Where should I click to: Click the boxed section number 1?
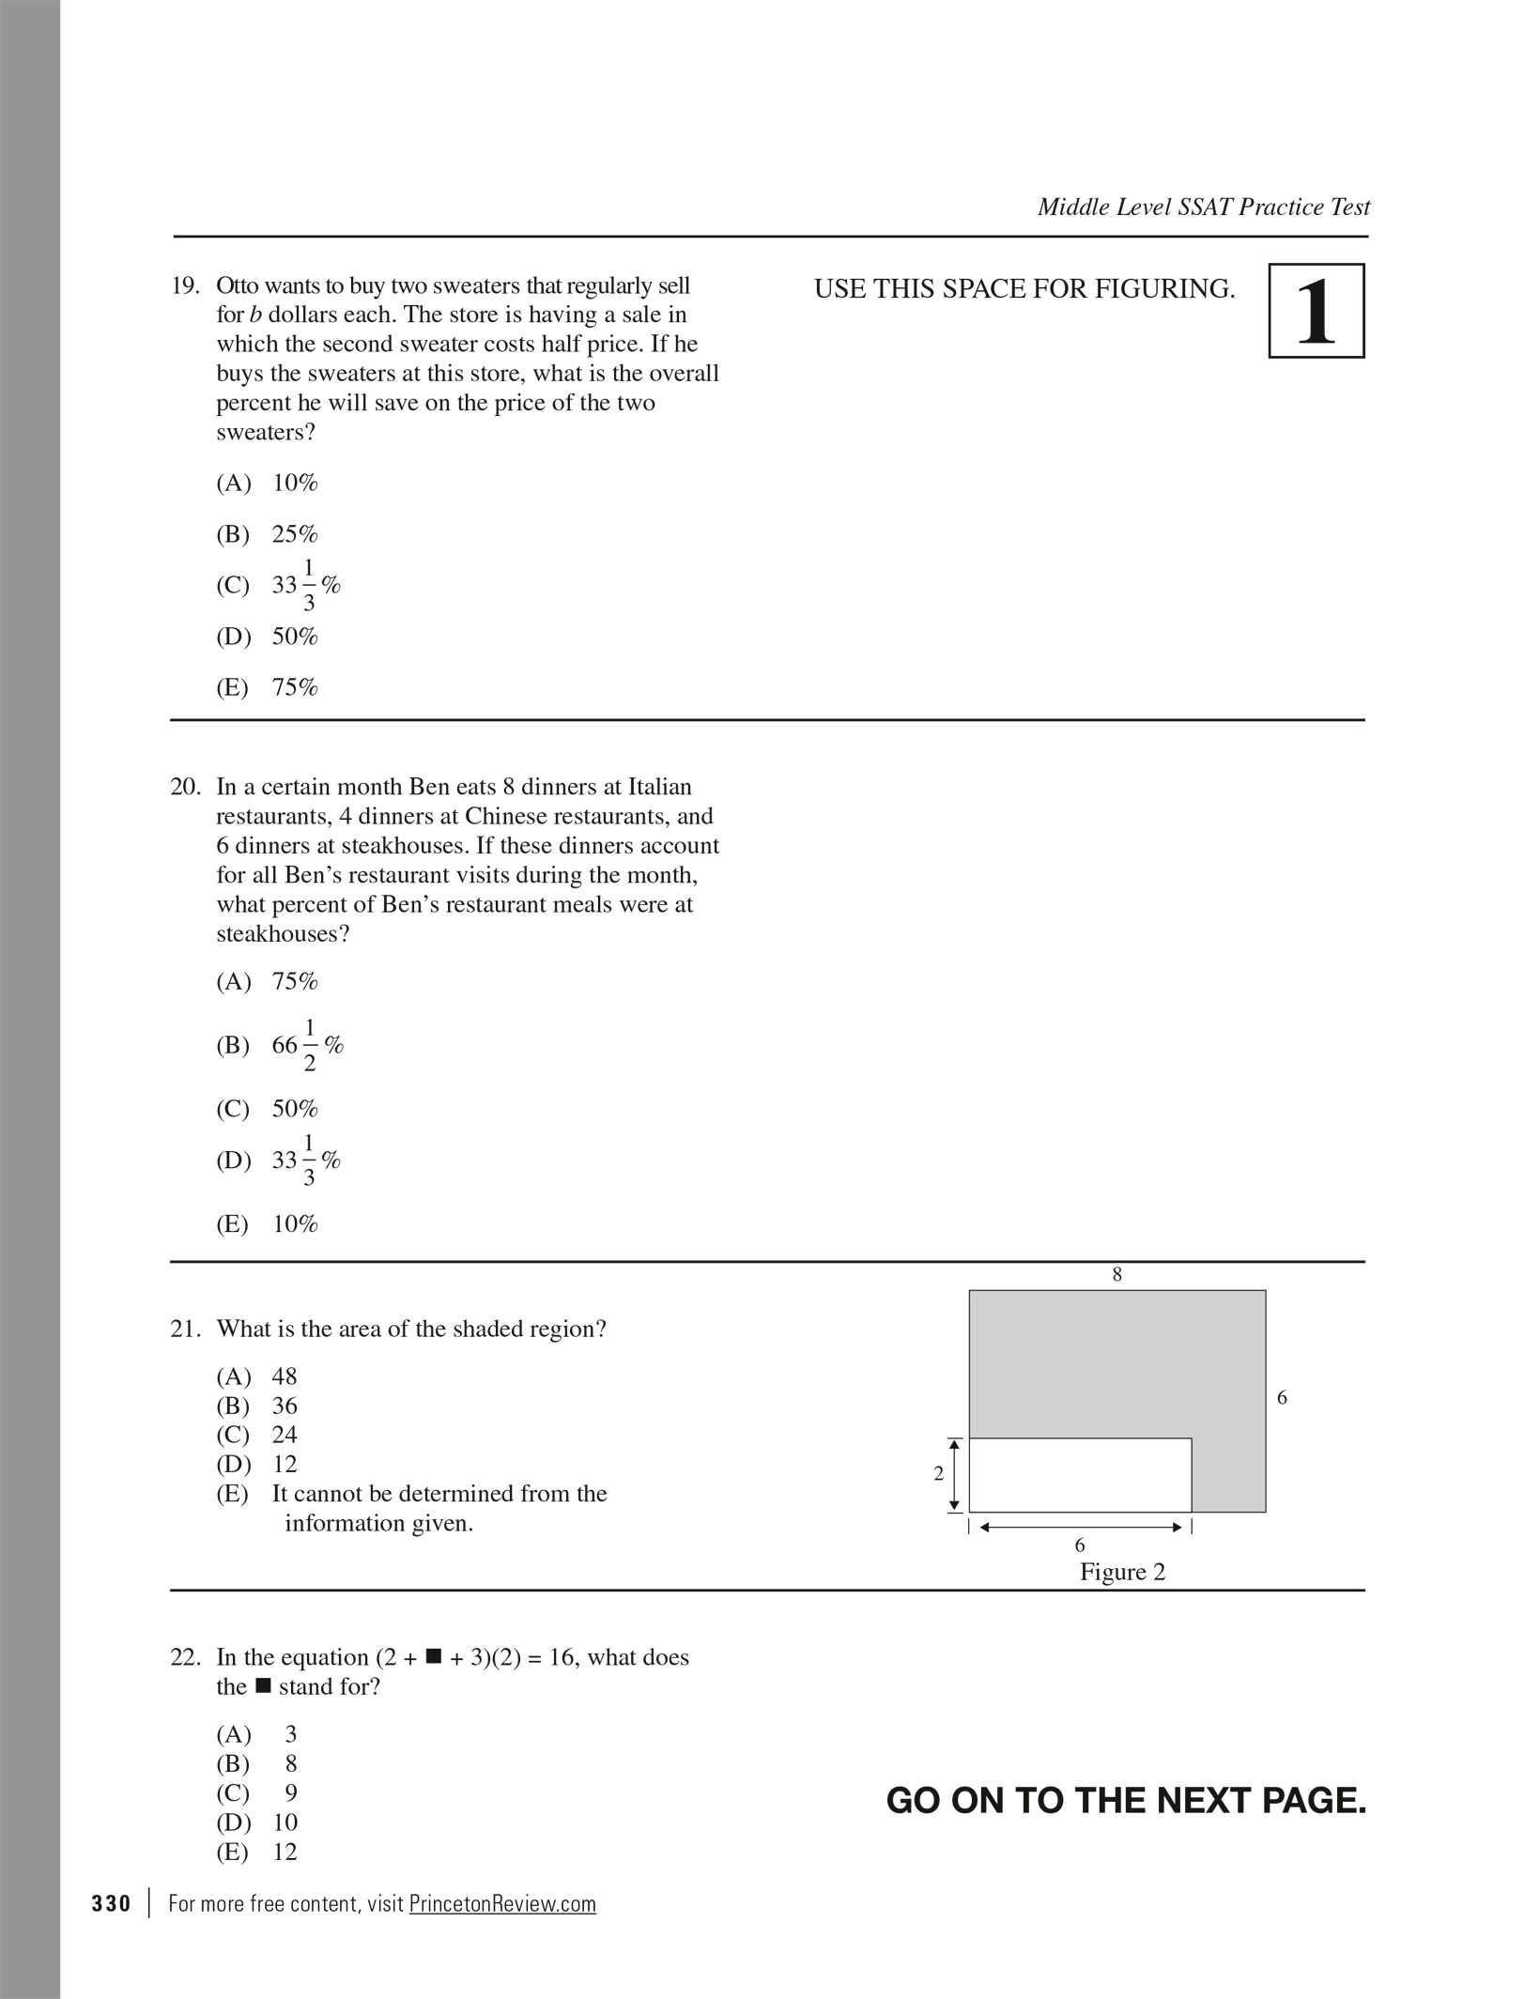[1316, 311]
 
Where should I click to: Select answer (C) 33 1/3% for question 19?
[278, 585]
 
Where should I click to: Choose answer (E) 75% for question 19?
[268, 687]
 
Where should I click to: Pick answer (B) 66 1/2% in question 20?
[280, 1045]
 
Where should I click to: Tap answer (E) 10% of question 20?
[268, 1224]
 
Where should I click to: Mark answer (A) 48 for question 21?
[256, 1376]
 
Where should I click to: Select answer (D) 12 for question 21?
[256, 1464]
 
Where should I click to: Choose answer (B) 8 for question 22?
[256, 1763]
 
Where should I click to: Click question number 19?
[184, 285]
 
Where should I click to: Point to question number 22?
[184, 1657]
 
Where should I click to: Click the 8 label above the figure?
[1116, 1274]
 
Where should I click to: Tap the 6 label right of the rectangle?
[1282, 1398]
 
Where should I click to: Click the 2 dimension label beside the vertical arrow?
[938, 1474]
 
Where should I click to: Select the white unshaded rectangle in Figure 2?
[1080, 1474]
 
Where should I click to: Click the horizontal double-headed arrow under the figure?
[1080, 1528]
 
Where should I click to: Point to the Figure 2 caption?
[1122, 1572]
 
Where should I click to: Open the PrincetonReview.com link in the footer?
[502, 1904]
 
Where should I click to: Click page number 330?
[112, 1904]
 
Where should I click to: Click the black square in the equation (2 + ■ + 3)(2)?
[433, 1656]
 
